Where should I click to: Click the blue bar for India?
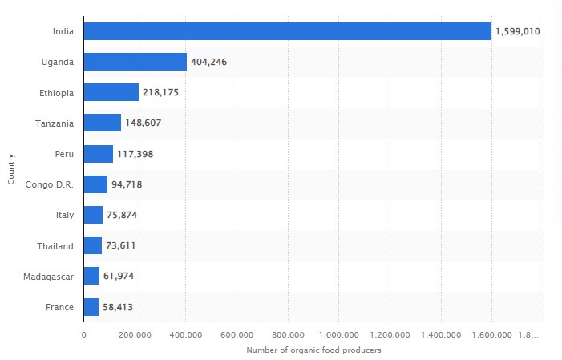287,31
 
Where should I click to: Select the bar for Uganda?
135,62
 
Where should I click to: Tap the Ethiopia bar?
111,93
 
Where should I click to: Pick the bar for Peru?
98,154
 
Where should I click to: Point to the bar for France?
91,307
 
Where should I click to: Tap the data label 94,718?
127,184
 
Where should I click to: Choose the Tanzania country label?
55,123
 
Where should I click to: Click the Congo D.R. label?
50,184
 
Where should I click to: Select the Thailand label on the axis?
55,246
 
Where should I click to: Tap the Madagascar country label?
50,277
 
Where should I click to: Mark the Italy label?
64,216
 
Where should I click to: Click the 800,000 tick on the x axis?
288,334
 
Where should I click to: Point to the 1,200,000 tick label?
390,334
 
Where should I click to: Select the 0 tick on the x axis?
84,334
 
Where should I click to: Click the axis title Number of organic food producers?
313,350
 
